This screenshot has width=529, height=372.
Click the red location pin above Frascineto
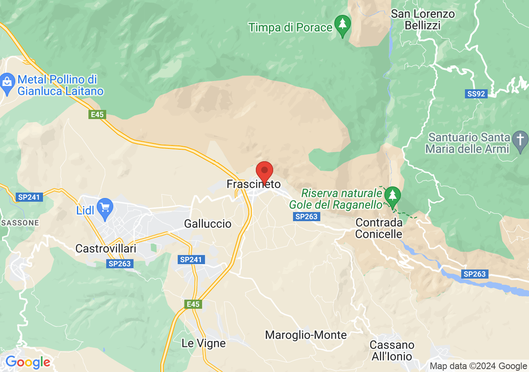click(264, 171)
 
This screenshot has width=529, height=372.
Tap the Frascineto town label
click(253, 184)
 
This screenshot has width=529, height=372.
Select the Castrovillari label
click(106, 248)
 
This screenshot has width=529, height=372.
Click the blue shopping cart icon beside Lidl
click(105, 208)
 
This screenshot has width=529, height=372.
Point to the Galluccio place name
click(207, 224)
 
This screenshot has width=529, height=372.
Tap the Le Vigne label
click(204, 343)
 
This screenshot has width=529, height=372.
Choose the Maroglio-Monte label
click(306, 335)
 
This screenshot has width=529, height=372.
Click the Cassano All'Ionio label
click(391, 351)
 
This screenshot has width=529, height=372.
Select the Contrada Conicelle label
click(379, 228)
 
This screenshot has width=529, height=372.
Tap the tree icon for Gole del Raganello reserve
click(392, 195)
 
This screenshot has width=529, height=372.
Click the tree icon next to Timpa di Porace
click(342, 24)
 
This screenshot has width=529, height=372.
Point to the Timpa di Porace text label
click(291, 28)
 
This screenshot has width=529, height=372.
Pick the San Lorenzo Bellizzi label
click(422, 19)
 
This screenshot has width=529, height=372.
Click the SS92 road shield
click(476, 94)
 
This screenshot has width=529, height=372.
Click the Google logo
click(27, 362)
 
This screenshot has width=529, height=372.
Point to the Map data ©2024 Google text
click(478, 366)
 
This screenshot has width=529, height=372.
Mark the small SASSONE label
click(20, 223)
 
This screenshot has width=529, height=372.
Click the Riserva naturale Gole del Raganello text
click(336, 199)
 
